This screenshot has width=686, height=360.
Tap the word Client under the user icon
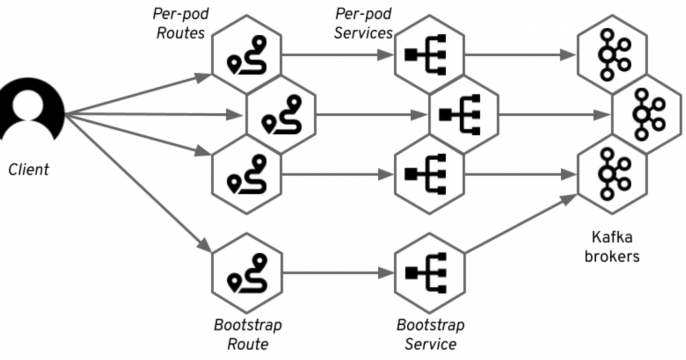pos(28,170)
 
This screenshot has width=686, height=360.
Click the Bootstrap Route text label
pos(248,334)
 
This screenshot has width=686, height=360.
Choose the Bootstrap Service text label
pos(426,334)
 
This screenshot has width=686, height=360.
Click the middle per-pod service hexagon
pos(461,115)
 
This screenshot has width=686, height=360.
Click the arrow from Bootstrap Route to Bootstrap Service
pos(336,270)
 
